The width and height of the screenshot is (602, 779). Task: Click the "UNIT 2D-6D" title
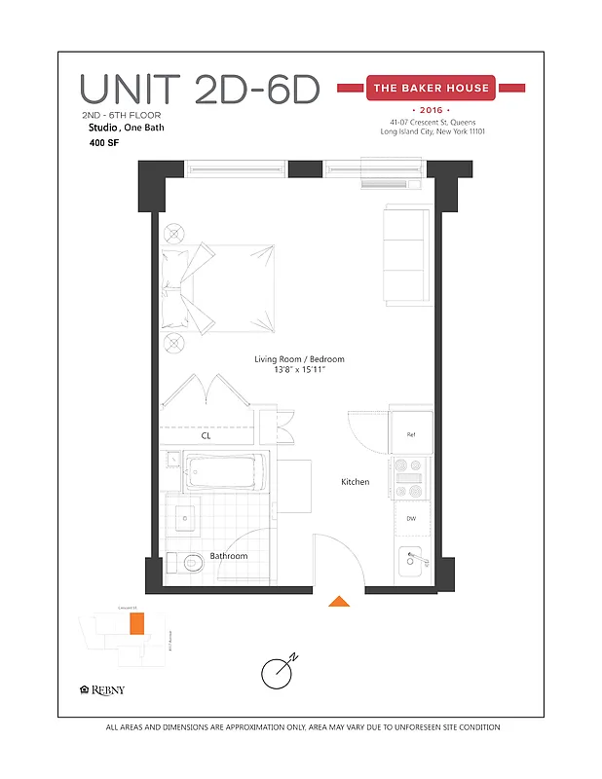(200, 90)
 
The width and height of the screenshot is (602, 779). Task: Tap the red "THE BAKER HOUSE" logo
(431, 89)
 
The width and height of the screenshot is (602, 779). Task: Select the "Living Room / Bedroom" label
(299, 359)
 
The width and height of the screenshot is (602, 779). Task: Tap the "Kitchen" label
(355, 482)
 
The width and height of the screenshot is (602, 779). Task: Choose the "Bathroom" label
(229, 556)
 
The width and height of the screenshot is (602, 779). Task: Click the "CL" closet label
(206, 436)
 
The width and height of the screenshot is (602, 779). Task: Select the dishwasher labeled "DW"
(411, 518)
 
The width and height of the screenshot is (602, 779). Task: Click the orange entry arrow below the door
(339, 601)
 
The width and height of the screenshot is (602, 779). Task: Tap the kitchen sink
(412, 562)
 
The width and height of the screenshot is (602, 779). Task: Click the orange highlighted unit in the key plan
(137, 623)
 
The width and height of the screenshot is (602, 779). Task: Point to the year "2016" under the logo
(430, 111)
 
